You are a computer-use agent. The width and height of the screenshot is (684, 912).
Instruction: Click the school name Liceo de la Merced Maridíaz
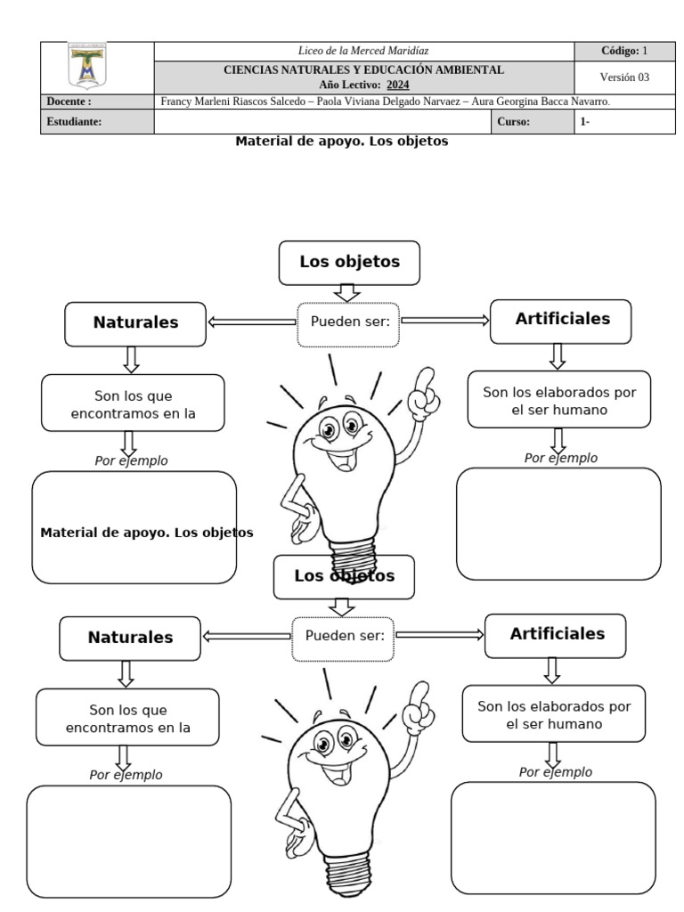[x=363, y=51]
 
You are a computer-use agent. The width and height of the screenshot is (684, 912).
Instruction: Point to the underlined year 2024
[x=397, y=84]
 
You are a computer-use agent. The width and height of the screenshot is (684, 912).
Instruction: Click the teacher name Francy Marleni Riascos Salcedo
[x=229, y=102]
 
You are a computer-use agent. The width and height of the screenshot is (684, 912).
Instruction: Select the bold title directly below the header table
[x=341, y=141]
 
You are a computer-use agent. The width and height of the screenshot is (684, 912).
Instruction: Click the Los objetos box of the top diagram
[x=348, y=262]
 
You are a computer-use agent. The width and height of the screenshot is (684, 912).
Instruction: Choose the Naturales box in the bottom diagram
[x=130, y=638]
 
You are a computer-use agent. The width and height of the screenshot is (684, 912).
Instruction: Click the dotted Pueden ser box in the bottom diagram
[x=344, y=636]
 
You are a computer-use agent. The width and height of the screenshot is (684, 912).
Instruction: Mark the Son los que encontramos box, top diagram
[x=132, y=403]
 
